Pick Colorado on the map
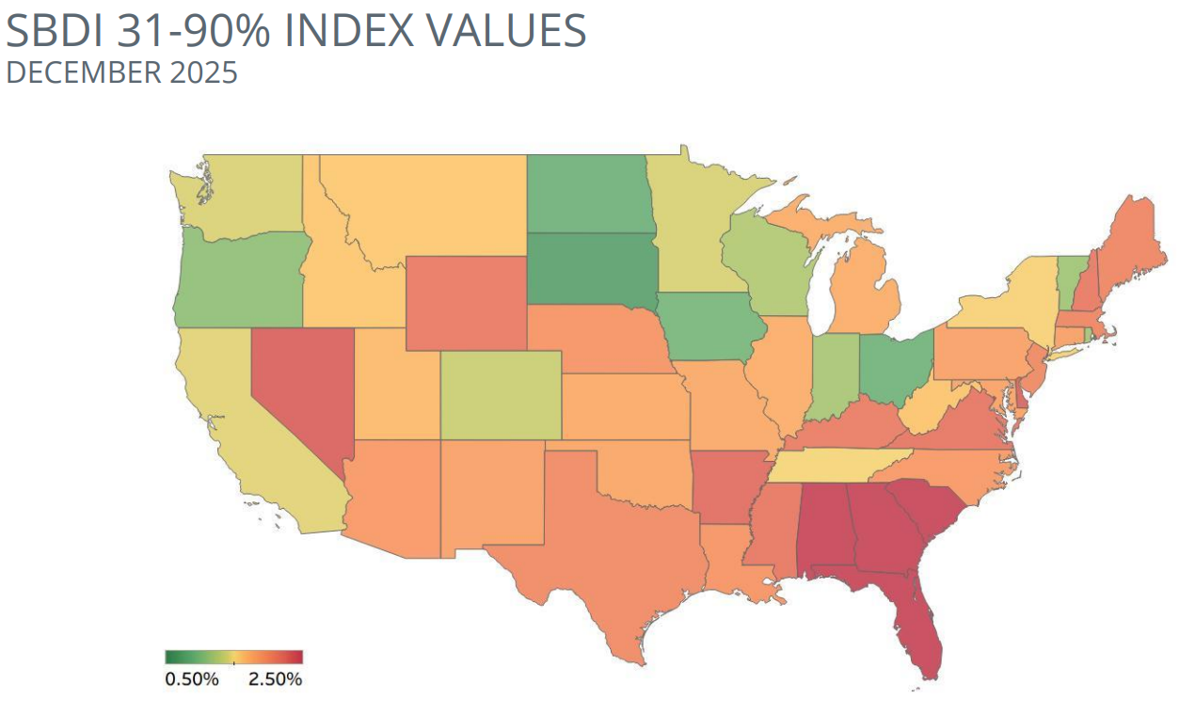[501, 394]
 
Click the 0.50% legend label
[192, 679]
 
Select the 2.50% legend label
[275, 679]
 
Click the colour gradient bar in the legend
[233, 658]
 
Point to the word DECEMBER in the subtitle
[84, 73]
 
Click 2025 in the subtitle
[204, 73]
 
